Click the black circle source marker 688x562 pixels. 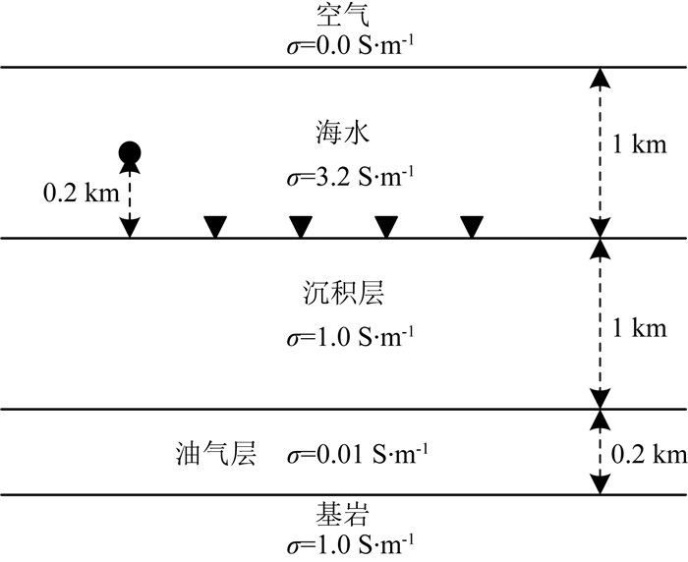[x=129, y=152]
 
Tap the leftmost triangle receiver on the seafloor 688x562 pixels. [x=214, y=227]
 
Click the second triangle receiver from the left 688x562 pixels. [x=301, y=227]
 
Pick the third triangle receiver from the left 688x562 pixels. [x=386, y=227]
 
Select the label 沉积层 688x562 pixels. [x=343, y=294]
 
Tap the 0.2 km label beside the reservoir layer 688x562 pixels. [x=648, y=455]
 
